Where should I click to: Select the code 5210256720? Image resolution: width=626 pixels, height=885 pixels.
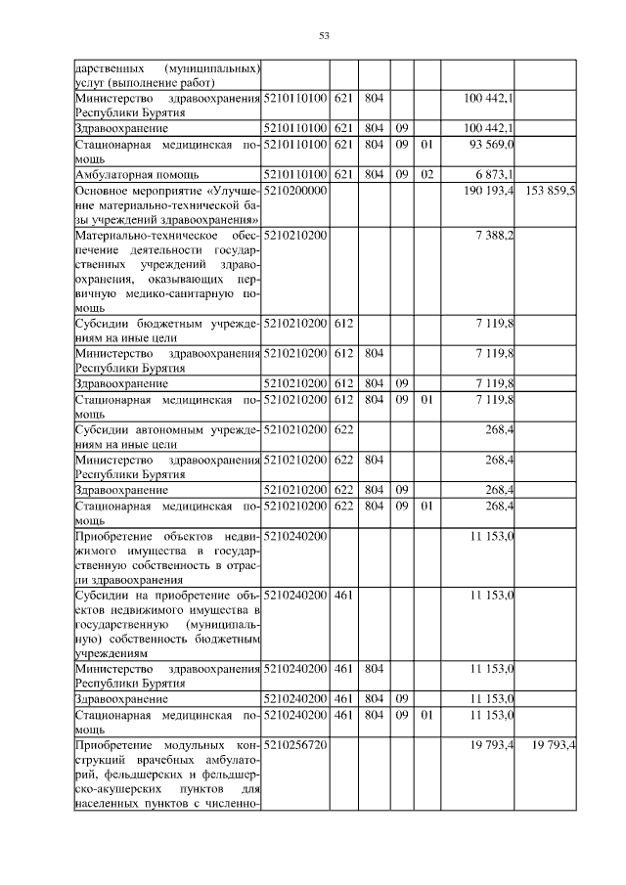tap(294, 745)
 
